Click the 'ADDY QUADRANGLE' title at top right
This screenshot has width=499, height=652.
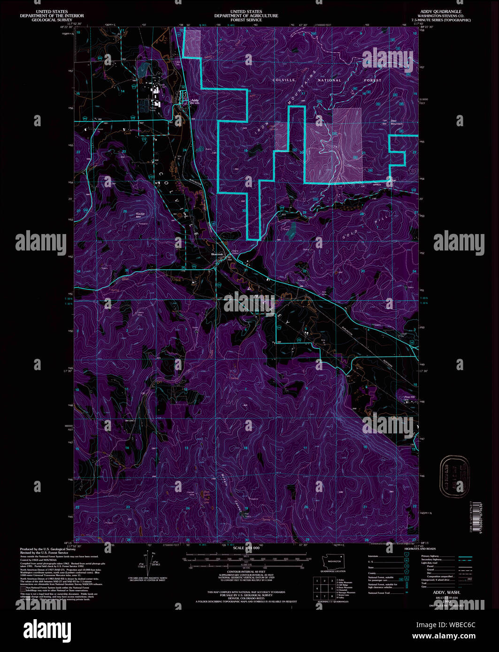441,11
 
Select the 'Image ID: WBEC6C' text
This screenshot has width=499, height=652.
450,624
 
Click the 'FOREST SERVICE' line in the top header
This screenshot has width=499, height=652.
246,20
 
